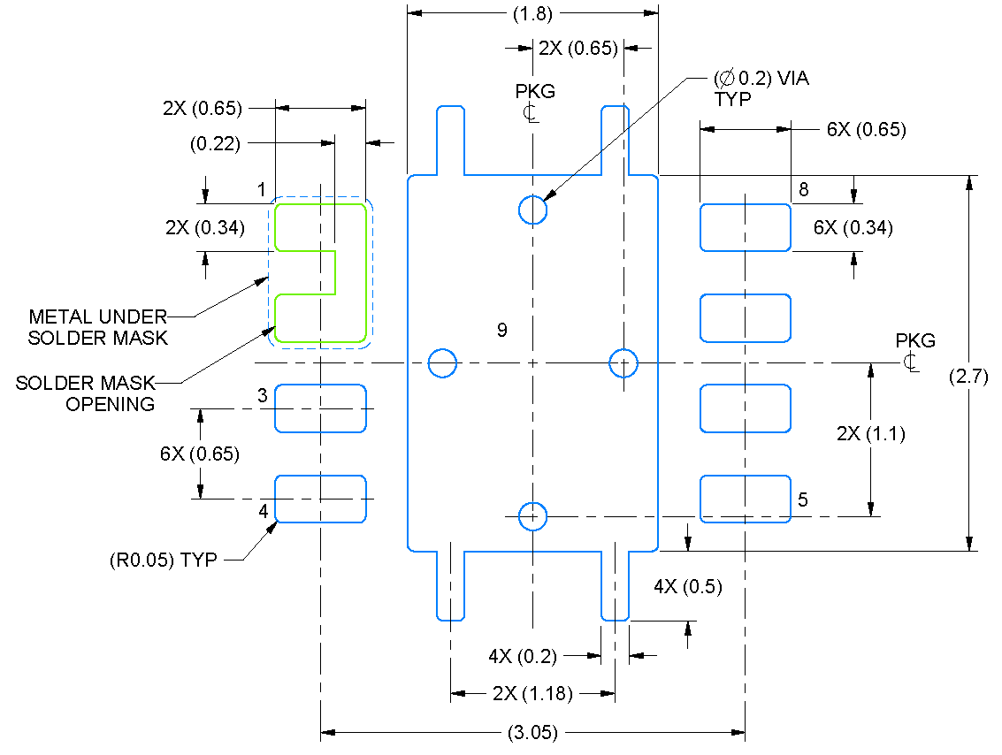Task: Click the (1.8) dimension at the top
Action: coord(532,13)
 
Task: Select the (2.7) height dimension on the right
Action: coord(968,376)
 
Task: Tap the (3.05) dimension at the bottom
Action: coord(532,732)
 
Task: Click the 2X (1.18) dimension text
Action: coord(532,694)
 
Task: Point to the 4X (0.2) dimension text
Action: coord(523,656)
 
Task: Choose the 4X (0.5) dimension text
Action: coord(688,587)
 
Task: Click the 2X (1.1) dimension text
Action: coord(870,434)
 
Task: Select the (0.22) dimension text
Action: coord(215,143)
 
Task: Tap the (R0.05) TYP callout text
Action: coord(164,560)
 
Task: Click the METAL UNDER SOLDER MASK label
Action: coord(97,326)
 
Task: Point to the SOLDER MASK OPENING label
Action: coord(86,393)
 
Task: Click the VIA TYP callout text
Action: coord(761,88)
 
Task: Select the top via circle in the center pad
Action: coord(532,210)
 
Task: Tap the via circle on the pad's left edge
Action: coord(441,362)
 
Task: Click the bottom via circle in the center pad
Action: coord(532,516)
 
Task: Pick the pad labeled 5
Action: coord(745,499)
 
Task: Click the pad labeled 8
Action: coord(745,227)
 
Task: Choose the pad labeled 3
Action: coord(320,408)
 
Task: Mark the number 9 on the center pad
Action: coord(502,331)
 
